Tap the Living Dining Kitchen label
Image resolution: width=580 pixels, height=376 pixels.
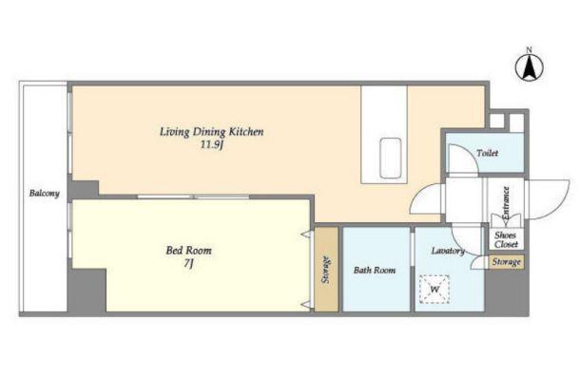(212, 131)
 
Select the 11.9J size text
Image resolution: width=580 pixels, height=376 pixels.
(212, 145)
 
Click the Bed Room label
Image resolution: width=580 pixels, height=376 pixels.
(188, 251)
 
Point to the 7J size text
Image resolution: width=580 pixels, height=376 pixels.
(188, 264)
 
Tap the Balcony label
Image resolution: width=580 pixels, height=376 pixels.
(45, 193)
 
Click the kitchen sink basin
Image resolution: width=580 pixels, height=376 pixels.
(391, 159)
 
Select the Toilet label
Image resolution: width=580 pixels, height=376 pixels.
(487, 153)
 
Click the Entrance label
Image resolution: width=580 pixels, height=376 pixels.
(506, 203)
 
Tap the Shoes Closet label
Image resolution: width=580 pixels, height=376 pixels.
(506, 239)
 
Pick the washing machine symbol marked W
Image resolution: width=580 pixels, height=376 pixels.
(435, 290)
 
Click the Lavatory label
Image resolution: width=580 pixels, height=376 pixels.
(448, 251)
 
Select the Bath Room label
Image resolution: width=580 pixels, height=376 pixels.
(375, 270)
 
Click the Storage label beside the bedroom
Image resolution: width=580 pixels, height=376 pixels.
(325, 270)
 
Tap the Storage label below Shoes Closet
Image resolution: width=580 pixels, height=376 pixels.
(507, 262)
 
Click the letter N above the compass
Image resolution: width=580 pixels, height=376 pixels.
(530, 49)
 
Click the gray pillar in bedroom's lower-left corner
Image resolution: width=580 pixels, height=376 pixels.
(87, 291)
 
